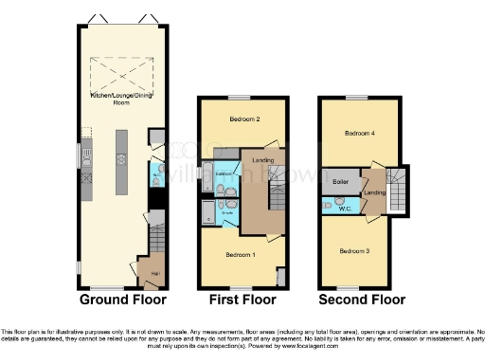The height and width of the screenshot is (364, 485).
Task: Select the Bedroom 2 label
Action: click(244, 119)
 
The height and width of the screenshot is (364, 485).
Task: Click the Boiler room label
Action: click(339, 180)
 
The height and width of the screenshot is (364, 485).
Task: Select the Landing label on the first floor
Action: click(263, 160)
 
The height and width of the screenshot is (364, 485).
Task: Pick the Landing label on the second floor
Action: click(374, 194)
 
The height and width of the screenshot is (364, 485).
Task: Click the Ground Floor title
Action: click(123, 300)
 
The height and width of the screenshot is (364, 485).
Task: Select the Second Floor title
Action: click(362, 300)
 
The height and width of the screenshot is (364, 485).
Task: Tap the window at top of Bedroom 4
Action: click(357, 97)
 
